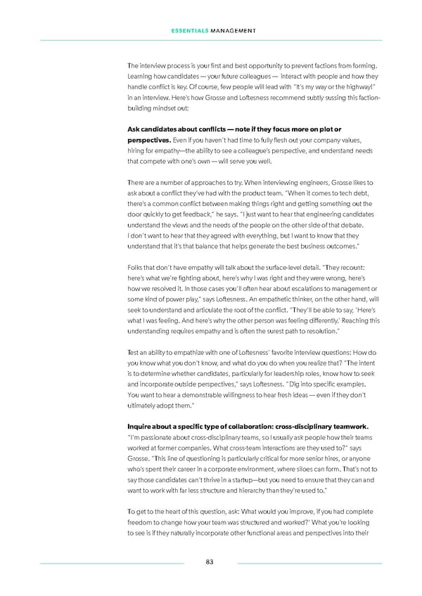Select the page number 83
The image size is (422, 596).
click(x=210, y=562)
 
